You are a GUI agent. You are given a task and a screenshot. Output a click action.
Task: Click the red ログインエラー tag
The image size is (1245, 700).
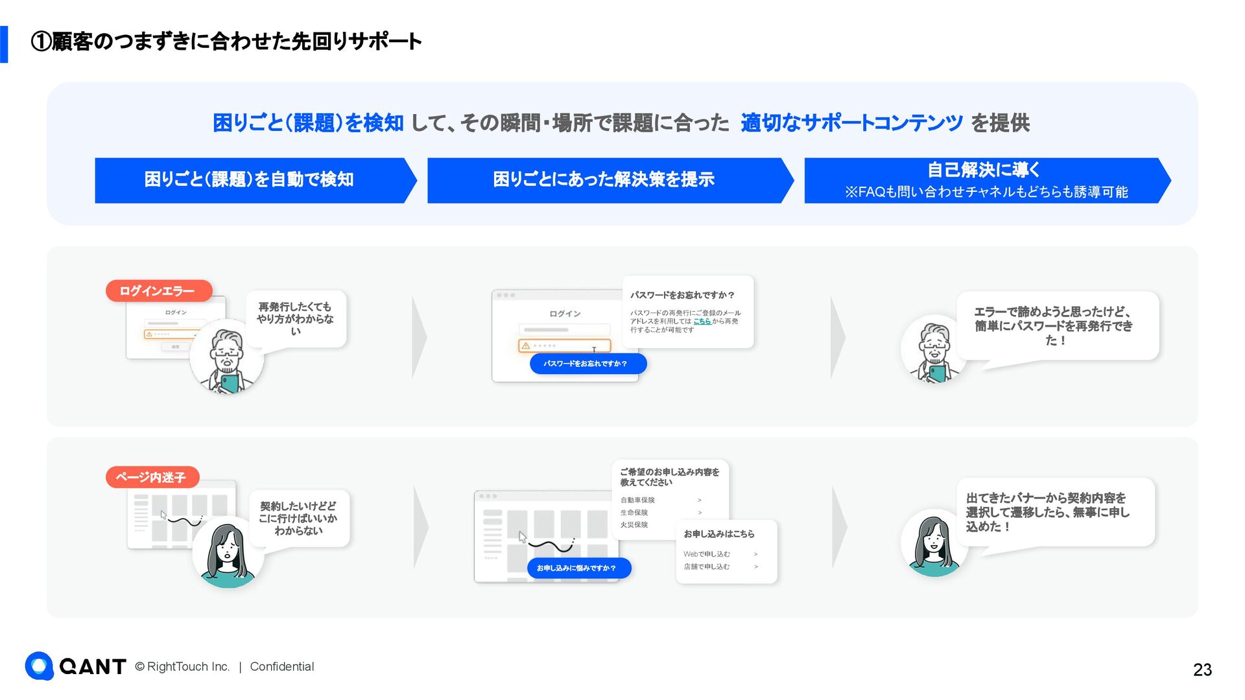coord(158,291)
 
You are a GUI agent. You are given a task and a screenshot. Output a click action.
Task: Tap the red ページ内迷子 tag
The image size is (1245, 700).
coord(152,478)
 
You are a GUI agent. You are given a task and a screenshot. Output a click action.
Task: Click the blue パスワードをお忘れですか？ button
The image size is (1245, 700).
coord(587,364)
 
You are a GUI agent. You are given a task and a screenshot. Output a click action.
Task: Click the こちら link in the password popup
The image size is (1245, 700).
coord(702,321)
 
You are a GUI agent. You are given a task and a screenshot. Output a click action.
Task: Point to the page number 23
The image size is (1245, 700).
coord(1202,670)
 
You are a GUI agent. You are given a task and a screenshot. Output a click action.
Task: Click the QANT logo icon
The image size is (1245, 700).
coord(40,666)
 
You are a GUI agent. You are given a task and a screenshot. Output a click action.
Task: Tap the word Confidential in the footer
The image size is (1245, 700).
coord(281,666)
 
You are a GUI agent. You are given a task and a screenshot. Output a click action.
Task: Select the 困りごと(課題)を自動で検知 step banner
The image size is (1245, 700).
coord(250,180)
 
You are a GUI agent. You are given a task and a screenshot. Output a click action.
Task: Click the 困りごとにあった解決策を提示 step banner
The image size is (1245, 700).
coord(604,180)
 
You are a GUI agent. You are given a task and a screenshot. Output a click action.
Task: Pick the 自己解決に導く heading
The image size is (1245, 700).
coord(983,170)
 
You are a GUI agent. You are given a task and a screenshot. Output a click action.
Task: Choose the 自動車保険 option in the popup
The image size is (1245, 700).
coord(638,500)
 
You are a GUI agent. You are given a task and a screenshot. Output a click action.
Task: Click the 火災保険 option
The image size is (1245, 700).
coord(634,525)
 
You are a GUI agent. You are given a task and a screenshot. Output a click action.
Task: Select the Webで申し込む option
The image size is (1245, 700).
coord(707,554)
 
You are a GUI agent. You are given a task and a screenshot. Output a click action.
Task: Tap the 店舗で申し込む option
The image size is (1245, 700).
coord(706,566)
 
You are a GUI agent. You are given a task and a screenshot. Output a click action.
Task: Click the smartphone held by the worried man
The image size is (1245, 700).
coord(230,383)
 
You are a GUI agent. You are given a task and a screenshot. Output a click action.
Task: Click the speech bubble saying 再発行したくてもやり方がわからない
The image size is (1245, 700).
coord(295,319)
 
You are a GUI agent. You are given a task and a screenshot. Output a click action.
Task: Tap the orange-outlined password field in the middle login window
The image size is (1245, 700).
coord(565,345)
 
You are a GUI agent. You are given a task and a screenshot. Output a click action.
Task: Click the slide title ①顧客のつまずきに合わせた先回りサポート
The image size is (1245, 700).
coord(227,42)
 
